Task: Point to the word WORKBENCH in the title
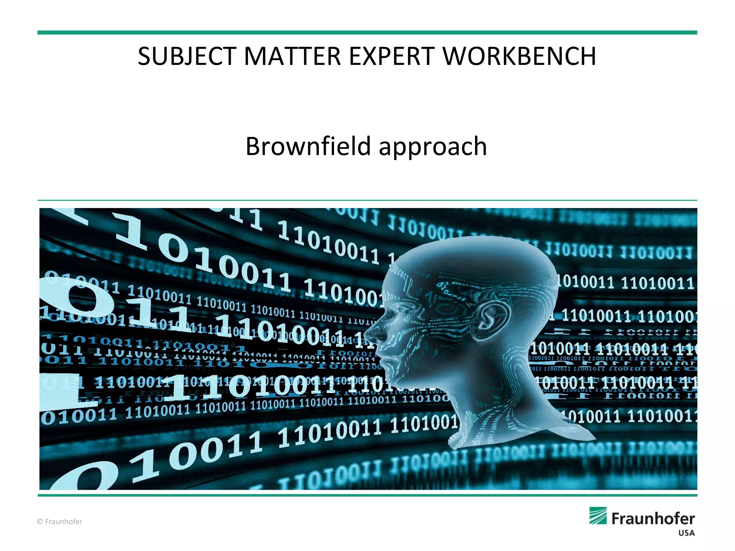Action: tap(519, 57)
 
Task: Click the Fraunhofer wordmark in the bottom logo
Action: tap(653, 519)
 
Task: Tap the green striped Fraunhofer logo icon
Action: tap(598, 516)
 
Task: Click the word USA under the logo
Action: tap(686, 533)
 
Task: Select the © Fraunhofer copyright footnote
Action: tap(60, 522)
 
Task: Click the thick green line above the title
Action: tap(367, 33)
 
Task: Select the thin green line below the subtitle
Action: tap(367, 200)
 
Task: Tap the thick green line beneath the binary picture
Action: tap(367, 495)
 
